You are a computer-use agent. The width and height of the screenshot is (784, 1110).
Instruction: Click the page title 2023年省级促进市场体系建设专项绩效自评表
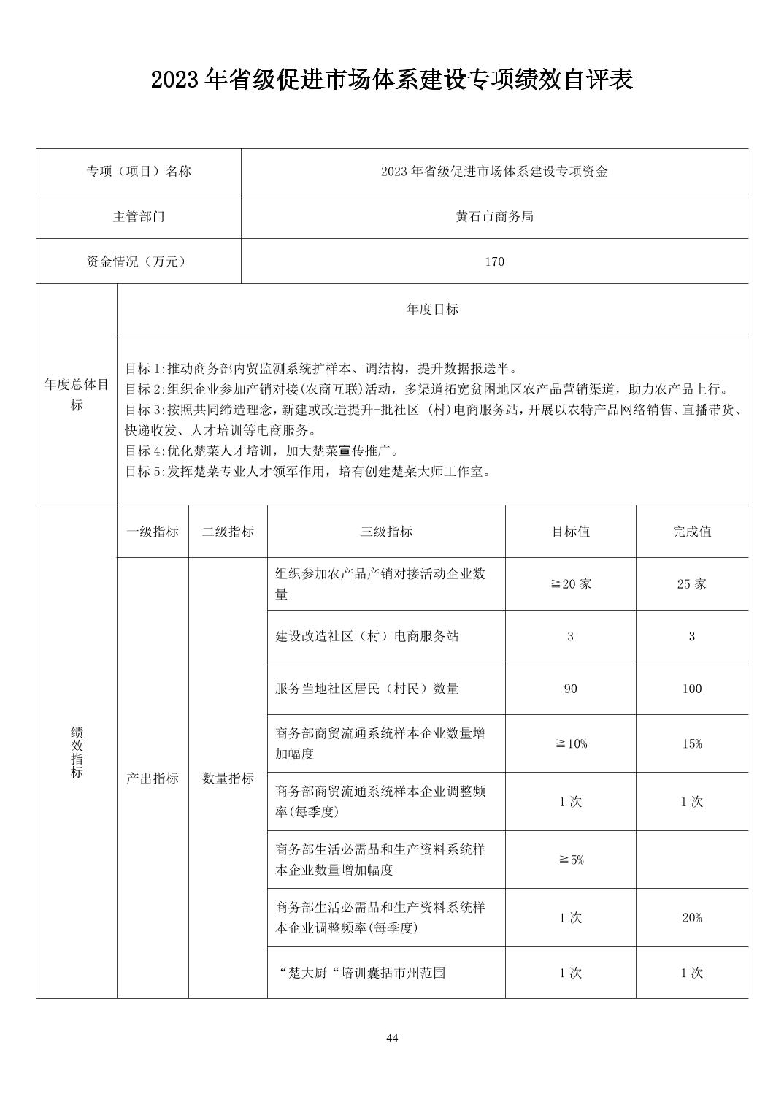(x=391, y=80)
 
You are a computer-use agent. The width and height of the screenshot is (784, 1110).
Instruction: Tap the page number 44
(x=392, y=1038)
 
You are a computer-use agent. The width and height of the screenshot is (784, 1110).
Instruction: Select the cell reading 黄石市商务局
(x=494, y=217)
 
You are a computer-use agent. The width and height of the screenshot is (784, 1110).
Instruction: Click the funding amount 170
(x=494, y=261)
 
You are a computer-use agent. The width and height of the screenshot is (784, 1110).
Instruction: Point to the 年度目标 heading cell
(x=432, y=310)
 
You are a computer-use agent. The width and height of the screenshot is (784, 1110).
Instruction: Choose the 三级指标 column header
(x=386, y=532)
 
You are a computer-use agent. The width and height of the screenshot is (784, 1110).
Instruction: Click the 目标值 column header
(x=570, y=532)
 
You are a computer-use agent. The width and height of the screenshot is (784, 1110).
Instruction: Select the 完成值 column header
(x=691, y=532)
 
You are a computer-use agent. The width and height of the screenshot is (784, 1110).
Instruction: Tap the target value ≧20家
(x=570, y=584)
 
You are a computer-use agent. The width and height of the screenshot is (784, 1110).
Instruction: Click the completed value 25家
(x=691, y=584)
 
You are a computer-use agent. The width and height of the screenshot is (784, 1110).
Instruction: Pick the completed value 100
(x=691, y=689)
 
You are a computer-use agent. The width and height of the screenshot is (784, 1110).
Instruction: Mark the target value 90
(x=570, y=689)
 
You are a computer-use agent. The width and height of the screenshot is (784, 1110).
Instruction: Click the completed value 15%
(x=691, y=744)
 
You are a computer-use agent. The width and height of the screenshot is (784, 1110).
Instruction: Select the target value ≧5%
(x=570, y=860)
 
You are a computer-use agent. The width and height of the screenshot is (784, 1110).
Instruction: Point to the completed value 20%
(x=691, y=918)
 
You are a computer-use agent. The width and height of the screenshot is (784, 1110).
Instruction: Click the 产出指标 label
(x=153, y=778)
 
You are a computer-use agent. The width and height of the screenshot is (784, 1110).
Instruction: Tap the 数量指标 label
(x=228, y=778)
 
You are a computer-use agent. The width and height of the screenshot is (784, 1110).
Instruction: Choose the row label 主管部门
(x=139, y=217)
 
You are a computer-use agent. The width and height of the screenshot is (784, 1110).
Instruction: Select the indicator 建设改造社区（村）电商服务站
(x=367, y=637)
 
